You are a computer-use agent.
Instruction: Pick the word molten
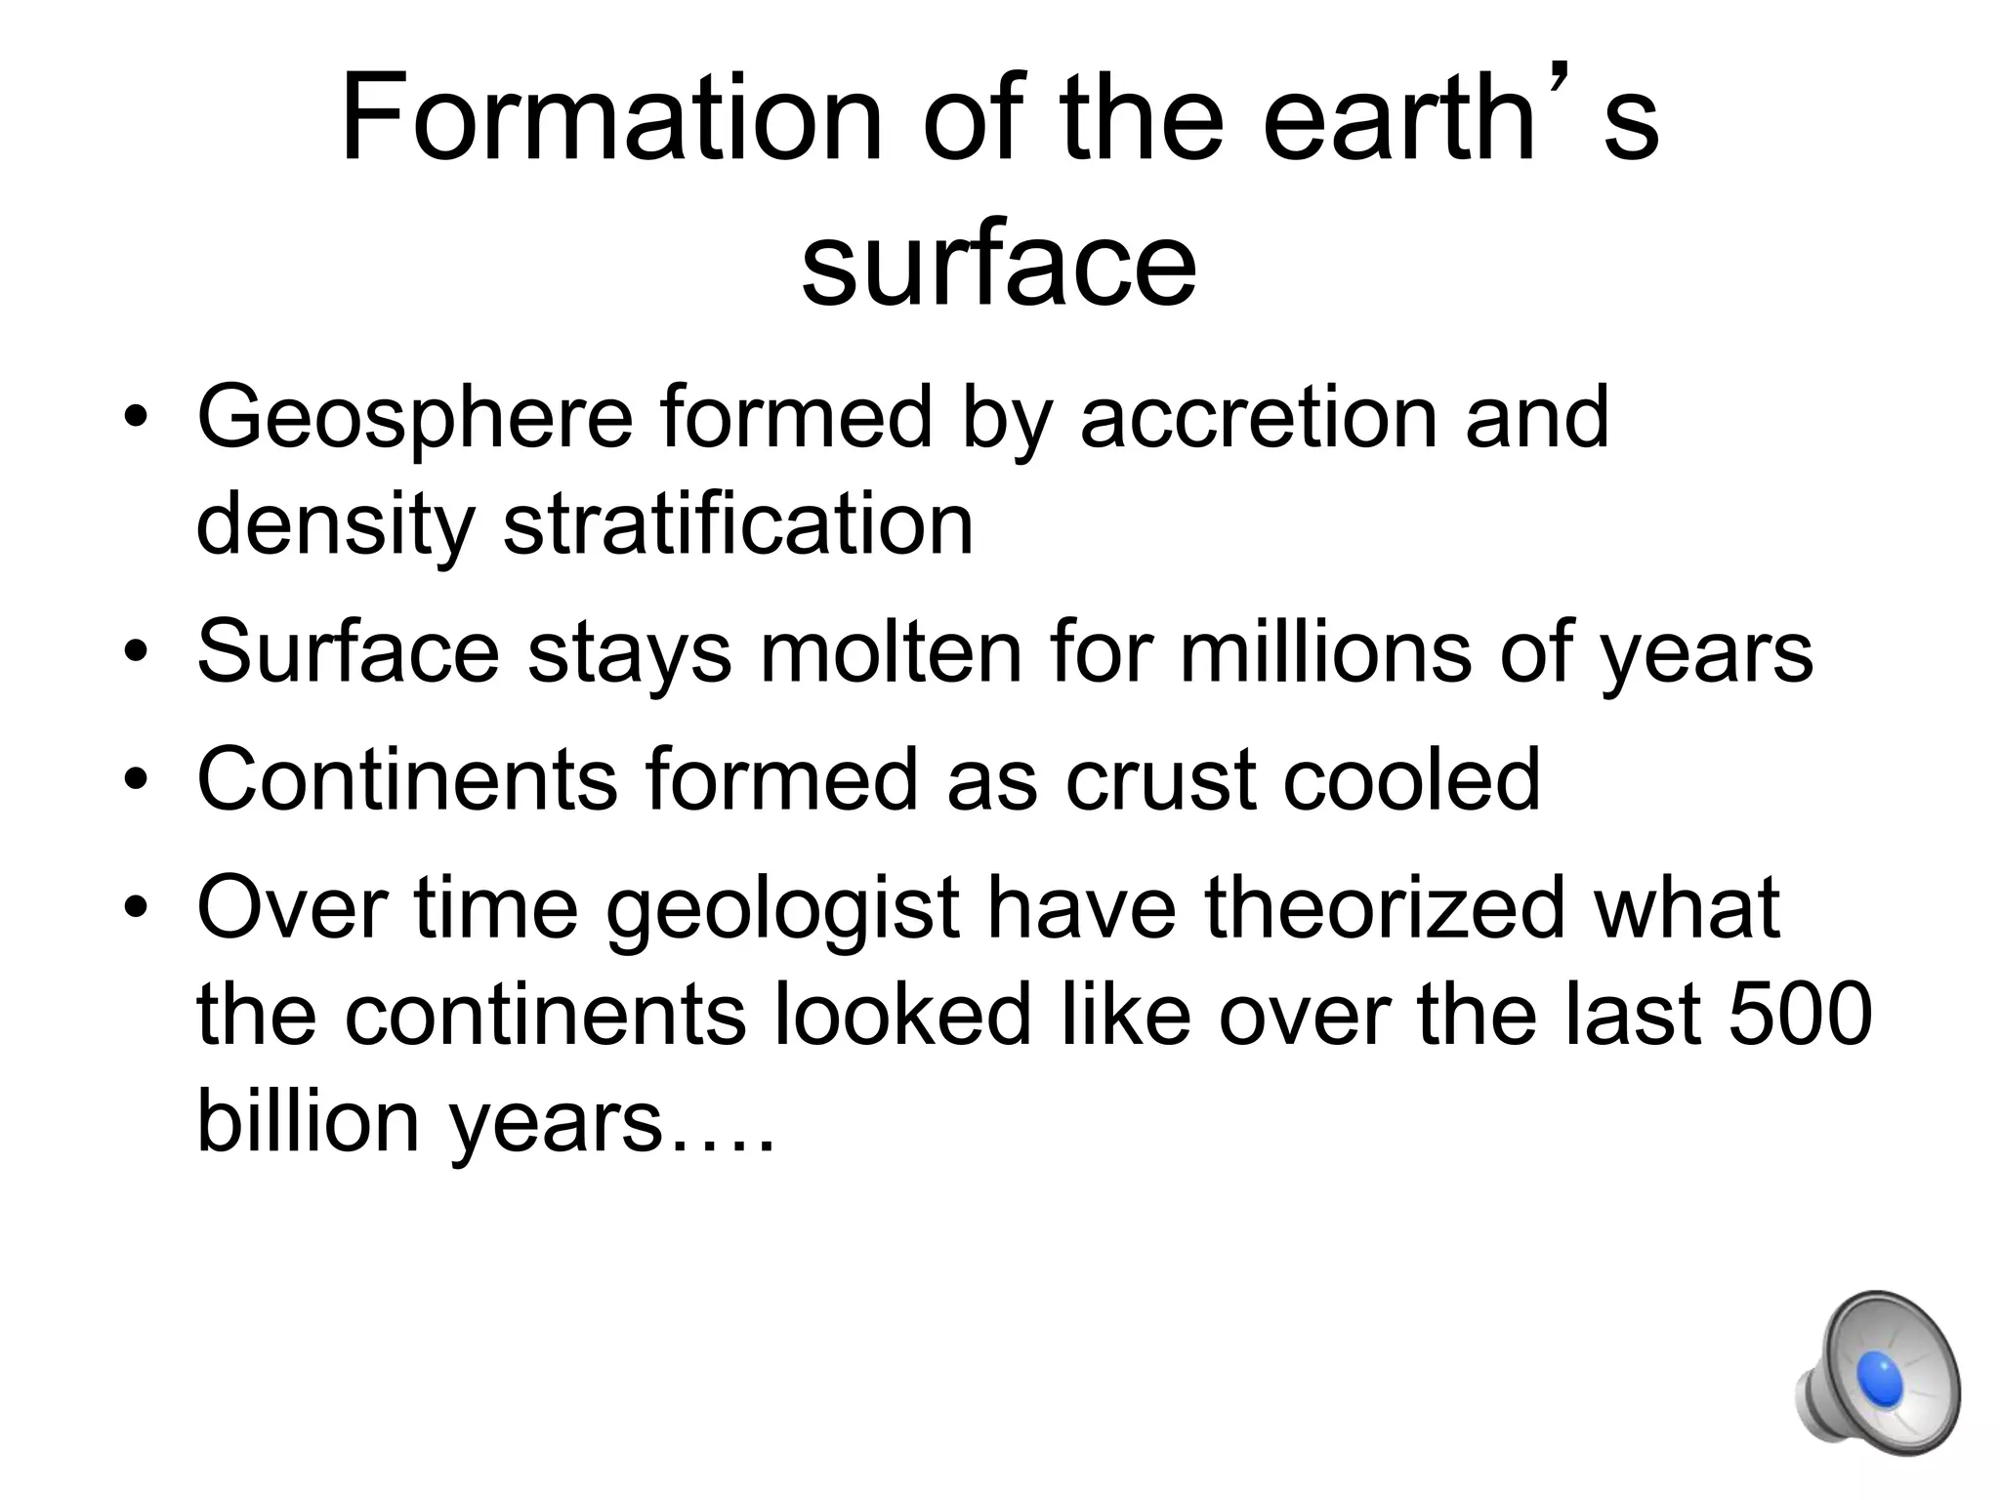point(891,652)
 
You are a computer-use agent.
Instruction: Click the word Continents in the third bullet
point(407,779)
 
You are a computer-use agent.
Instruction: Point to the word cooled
point(1411,779)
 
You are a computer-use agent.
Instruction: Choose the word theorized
point(1385,908)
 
